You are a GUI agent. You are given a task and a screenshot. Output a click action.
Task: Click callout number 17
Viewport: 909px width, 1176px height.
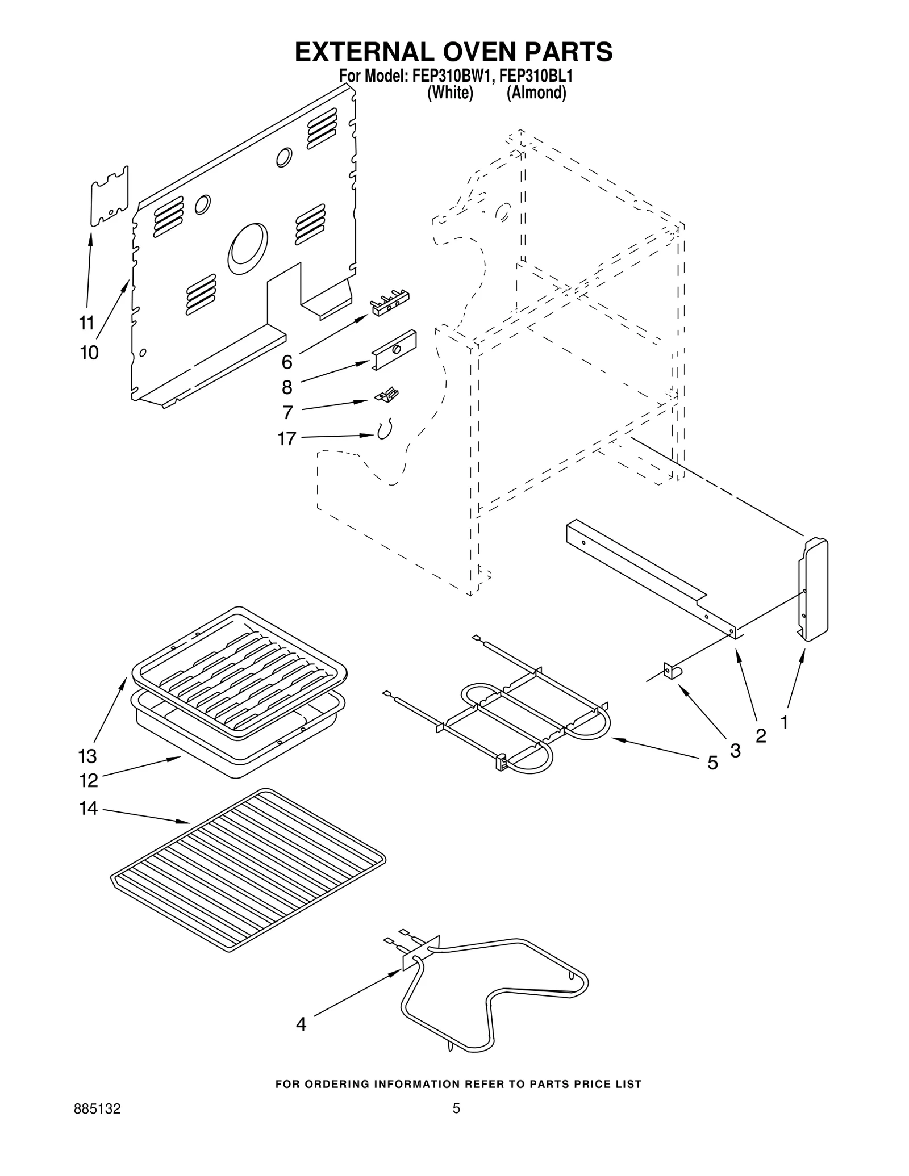tap(287, 438)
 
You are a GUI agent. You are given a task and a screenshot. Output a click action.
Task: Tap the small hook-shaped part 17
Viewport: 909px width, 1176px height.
tap(385, 430)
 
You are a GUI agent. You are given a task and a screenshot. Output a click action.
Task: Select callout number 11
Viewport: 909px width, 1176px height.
tap(86, 323)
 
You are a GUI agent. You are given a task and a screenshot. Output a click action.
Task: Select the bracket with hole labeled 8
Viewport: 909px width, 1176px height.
tap(394, 350)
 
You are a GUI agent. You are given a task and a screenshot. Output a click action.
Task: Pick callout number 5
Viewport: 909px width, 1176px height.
tap(712, 763)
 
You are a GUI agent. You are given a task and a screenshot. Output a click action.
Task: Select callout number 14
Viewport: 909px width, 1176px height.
tap(88, 808)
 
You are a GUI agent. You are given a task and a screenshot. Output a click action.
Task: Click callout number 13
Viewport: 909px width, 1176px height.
tap(87, 756)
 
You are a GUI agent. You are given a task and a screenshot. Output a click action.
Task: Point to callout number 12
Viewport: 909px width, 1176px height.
tap(88, 781)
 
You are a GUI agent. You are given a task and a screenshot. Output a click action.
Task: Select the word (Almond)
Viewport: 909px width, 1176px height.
tap(536, 93)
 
